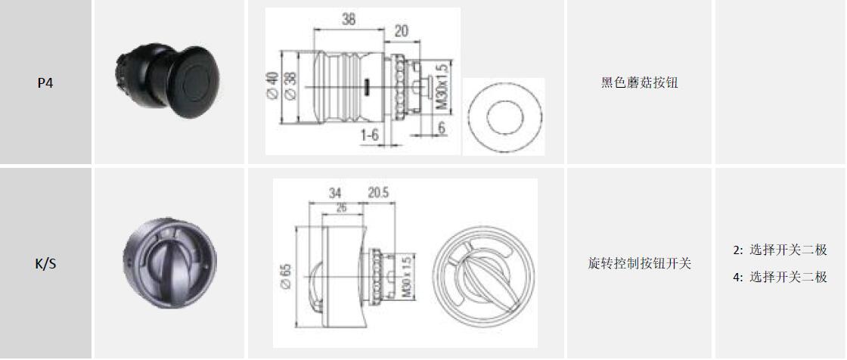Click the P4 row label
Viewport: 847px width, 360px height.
click(x=45, y=84)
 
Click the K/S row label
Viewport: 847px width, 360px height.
click(x=45, y=264)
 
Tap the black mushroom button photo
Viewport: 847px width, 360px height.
click(x=167, y=82)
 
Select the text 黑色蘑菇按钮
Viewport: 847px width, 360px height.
click(x=639, y=82)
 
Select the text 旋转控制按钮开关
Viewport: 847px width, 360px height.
click(x=640, y=264)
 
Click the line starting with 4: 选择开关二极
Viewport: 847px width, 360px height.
click(x=780, y=278)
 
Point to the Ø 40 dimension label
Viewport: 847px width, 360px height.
click(x=271, y=85)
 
